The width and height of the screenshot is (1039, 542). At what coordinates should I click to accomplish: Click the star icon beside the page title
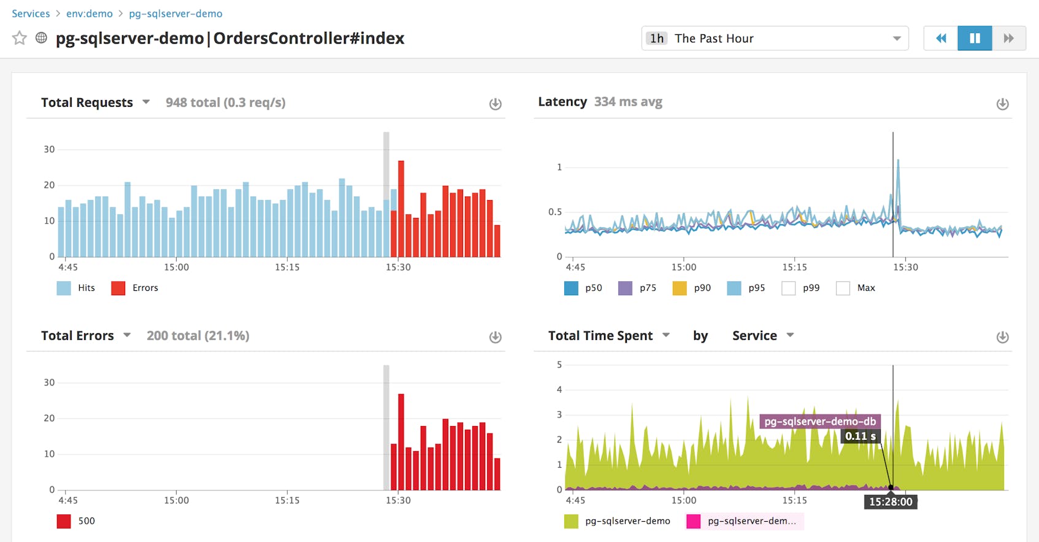(x=20, y=38)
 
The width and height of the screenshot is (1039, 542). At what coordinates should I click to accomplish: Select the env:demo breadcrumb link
(x=90, y=14)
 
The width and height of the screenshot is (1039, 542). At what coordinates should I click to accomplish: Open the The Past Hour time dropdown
(x=774, y=38)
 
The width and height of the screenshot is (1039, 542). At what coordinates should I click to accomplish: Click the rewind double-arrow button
(x=941, y=38)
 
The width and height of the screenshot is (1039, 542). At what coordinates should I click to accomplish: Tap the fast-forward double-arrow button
(x=1008, y=38)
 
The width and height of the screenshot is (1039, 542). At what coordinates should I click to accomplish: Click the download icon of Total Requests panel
(x=495, y=104)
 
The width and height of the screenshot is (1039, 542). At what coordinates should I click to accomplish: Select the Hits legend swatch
(x=64, y=288)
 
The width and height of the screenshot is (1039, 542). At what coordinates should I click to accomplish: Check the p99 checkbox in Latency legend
(x=789, y=288)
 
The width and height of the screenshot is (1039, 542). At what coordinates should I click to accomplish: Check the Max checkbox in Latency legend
(x=843, y=288)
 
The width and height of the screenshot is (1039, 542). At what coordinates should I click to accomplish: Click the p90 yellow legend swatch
(x=680, y=288)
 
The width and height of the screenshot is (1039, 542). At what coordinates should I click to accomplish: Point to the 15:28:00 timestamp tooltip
(x=891, y=501)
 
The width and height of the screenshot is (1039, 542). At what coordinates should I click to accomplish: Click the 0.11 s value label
(x=861, y=436)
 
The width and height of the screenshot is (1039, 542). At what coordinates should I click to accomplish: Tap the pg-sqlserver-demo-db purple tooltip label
(x=820, y=422)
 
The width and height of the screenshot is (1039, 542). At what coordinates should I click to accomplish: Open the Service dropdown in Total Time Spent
(x=762, y=336)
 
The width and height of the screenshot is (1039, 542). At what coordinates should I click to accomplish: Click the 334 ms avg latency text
(x=628, y=102)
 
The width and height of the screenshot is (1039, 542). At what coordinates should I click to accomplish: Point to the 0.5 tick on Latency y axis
(x=555, y=212)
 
